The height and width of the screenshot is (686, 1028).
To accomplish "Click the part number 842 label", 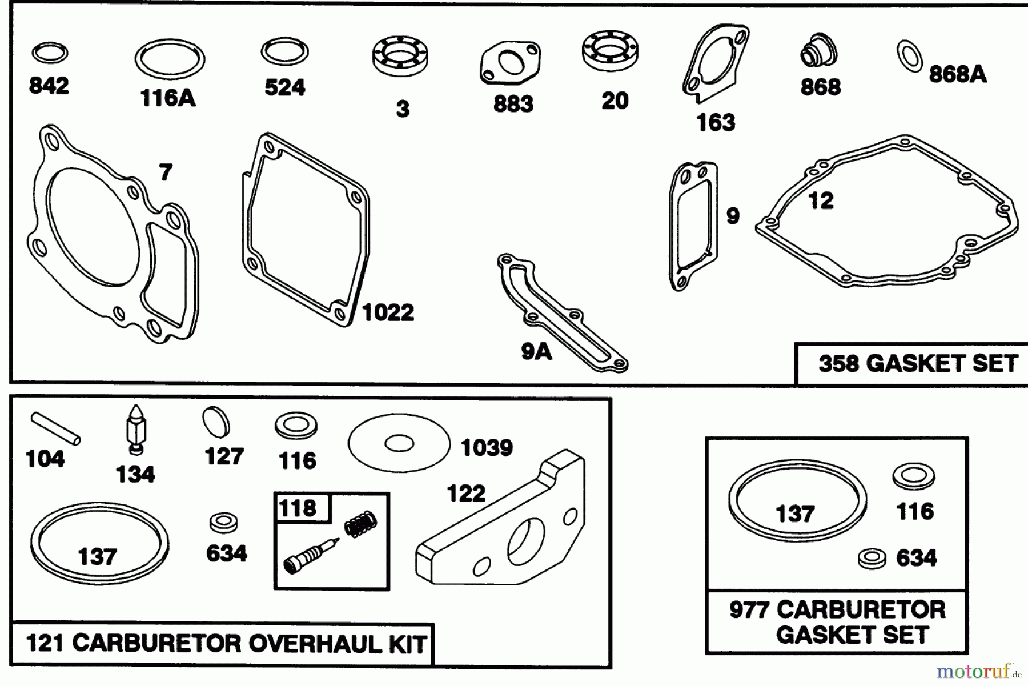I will pyautogui.click(x=49, y=86).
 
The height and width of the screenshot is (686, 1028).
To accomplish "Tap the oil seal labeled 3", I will pyautogui.click(x=400, y=57).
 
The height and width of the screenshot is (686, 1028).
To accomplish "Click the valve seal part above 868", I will pyautogui.click(x=818, y=53).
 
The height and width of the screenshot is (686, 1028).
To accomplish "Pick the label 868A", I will pyautogui.click(x=957, y=74).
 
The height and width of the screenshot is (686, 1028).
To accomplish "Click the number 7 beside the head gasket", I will pyautogui.click(x=166, y=172).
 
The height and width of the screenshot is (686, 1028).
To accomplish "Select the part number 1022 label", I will pyautogui.click(x=388, y=312).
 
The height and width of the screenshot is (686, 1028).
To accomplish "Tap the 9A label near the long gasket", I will pyautogui.click(x=536, y=352).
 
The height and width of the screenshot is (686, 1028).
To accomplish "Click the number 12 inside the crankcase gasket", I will pyautogui.click(x=821, y=200).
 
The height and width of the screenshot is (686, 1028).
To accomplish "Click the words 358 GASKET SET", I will pyautogui.click(x=918, y=364).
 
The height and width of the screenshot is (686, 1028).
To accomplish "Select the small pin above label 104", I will pyautogui.click(x=55, y=428).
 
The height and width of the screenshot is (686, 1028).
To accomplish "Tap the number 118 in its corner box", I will pyautogui.click(x=298, y=508).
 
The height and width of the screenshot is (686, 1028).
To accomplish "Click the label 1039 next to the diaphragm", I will pyautogui.click(x=487, y=448).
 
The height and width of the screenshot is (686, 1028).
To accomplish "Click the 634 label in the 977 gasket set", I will pyautogui.click(x=916, y=558).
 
